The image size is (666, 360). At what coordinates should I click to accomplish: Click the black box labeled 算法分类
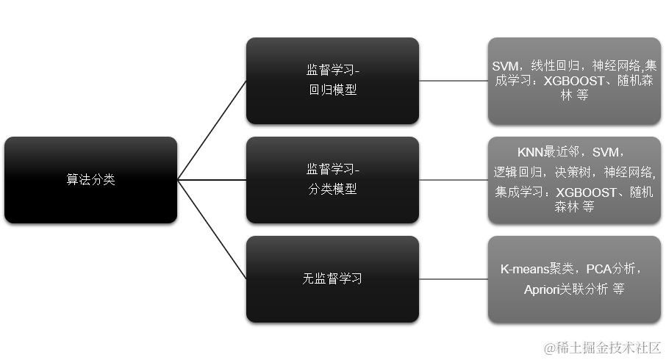[90, 180]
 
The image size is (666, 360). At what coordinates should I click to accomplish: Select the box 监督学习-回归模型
[332, 81]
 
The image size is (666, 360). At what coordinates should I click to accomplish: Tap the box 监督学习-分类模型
[332, 179]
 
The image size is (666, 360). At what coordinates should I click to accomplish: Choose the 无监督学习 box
[332, 278]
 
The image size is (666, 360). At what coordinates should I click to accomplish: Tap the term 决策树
[573, 172]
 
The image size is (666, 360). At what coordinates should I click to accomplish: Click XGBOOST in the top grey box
[574, 82]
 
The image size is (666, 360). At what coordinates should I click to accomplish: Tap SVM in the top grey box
[506, 65]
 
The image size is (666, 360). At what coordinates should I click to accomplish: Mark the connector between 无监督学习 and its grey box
[453, 279]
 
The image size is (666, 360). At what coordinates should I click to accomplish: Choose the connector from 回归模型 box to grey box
[453, 81]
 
